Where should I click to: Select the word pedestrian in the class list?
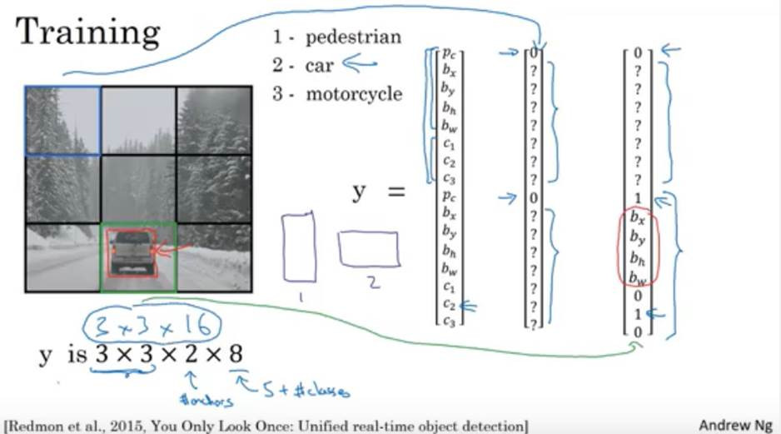[353, 37]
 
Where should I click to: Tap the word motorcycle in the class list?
[354, 93]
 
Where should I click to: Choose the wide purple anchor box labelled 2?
[368, 249]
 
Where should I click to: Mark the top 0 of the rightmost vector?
[638, 53]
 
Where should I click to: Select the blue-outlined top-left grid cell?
[62, 121]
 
